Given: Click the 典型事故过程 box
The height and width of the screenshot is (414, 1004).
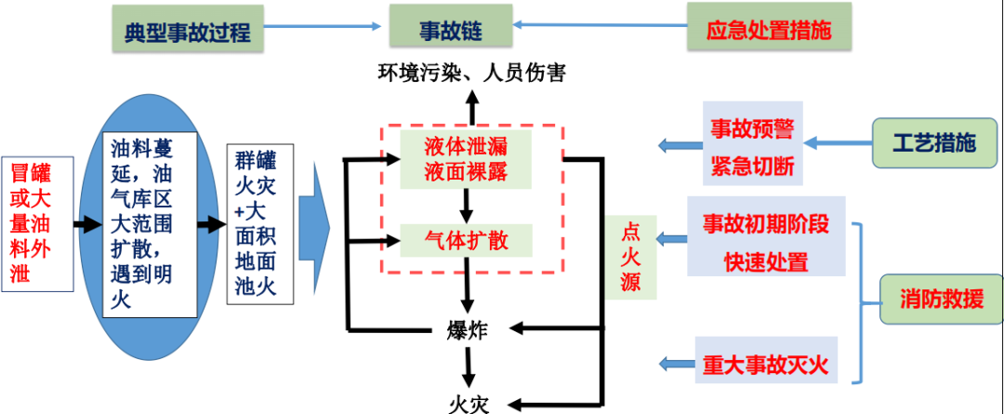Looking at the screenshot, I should coord(188,32).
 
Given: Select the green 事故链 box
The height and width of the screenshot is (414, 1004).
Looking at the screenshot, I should coord(450,30).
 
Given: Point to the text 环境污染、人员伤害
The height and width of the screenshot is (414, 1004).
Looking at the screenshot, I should coord(471,72).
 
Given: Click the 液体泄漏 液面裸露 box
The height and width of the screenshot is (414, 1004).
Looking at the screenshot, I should coord(465,158).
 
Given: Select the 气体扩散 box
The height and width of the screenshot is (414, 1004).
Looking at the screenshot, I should coord(466,240).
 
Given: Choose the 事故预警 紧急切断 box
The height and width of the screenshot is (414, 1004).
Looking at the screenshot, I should coord(750,144).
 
